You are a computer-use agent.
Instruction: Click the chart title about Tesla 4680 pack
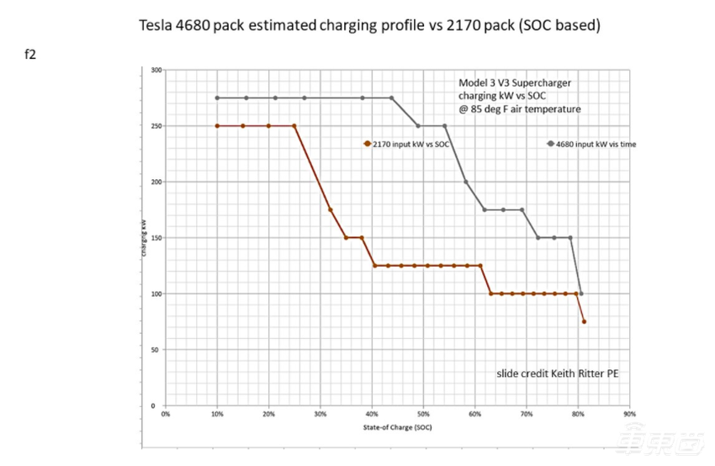tap(369, 24)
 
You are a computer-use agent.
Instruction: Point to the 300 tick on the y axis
tap(155, 70)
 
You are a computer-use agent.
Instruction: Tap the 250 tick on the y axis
tap(155, 126)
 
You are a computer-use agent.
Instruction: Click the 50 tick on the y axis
tap(156, 350)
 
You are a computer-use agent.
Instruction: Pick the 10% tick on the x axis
tap(217, 415)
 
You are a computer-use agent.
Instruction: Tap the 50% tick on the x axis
tap(423, 415)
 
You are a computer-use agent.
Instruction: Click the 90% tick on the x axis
tap(630, 415)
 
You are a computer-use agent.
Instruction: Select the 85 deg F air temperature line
tap(519, 109)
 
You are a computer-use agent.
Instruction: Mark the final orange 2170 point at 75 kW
tap(584, 322)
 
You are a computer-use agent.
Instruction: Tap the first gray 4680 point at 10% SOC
tap(217, 98)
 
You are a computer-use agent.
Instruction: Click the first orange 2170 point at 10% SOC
tap(217, 126)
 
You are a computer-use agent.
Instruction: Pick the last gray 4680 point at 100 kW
tap(581, 294)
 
